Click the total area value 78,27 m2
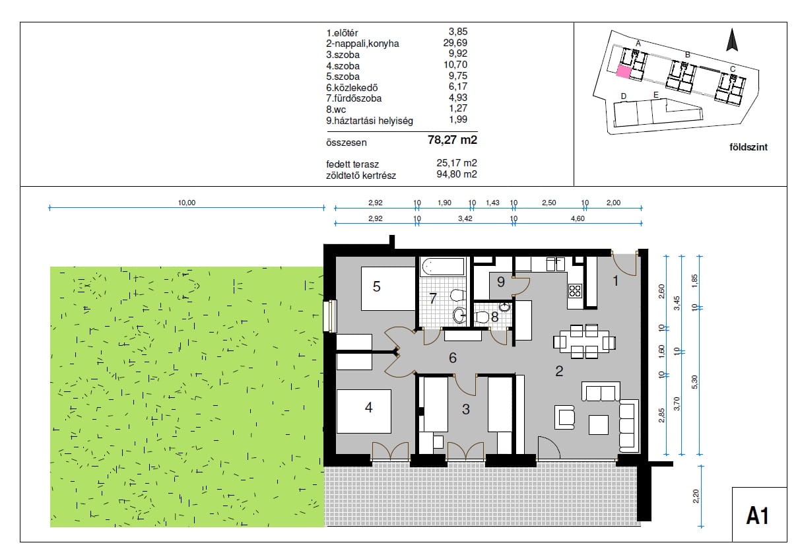coord(452,140)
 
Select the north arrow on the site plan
coord(732,40)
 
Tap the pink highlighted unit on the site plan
coord(624,71)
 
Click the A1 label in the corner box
coord(758,516)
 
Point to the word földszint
coord(748,147)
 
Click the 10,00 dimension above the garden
coord(187,203)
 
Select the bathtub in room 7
coord(443,267)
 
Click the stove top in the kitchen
coord(575,290)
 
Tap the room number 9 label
coord(501,282)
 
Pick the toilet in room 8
coord(482,317)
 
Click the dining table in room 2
coord(584,342)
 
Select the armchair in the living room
coord(564,417)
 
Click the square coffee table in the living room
coord(599,424)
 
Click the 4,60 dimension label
coord(578,218)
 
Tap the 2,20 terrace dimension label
coord(696,496)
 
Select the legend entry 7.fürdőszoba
coord(354,98)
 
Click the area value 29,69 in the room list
coord(455,43)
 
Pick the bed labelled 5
coord(388,289)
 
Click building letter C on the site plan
coord(733,69)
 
